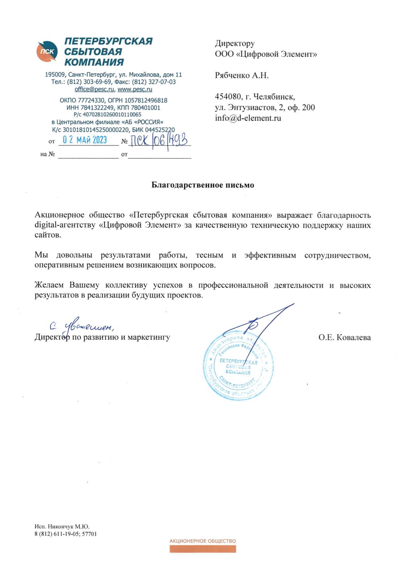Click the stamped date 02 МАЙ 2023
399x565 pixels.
pyautogui.click(x=85, y=140)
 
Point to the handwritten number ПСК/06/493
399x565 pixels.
pyautogui.click(x=159, y=140)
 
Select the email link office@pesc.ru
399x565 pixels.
pyautogui.click(x=94, y=89)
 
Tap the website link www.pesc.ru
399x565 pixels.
pyautogui.click(x=135, y=89)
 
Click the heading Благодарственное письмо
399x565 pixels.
pyautogui.click(x=203, y=185)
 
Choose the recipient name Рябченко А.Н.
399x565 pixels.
pyautogui.click(x=242, y=76)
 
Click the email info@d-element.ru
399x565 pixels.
pyautogui.click(x=248, y=118)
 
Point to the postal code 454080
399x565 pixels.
pyautogui.click(x=228, y=97)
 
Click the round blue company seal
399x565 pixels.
pyautogui.click(x=238, y=367)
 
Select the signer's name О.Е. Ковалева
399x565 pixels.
pyautogui.click(x=345, y=337)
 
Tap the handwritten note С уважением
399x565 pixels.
pyautogui.click(x=82, y=327)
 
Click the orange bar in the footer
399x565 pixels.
pyautogui.click(x=203, y=549)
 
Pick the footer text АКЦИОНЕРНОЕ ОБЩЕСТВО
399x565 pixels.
pyautogui.click(x=203, y=541)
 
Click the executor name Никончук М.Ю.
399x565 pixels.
pyautogui.click(x=69, y=527)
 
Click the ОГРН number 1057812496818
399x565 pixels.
pyautogui.click(x=146, y=100)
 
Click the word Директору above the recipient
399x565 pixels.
pyautogui.click(x=235, y=43)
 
